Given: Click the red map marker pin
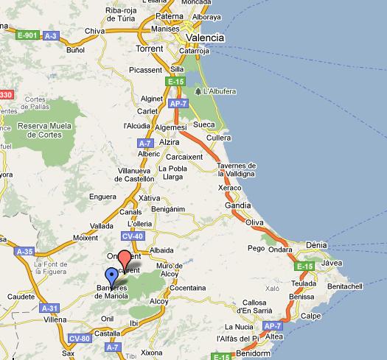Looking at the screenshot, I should click(x=125, y=258).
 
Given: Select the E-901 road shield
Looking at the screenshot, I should click(x=27, y=35).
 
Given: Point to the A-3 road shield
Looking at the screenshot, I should click(x=51, y=35).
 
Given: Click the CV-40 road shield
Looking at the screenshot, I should click(x=133, y=236).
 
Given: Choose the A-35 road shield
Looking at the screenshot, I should click(x=26, y=252).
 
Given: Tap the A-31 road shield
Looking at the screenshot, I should click(x=50, y=308).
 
